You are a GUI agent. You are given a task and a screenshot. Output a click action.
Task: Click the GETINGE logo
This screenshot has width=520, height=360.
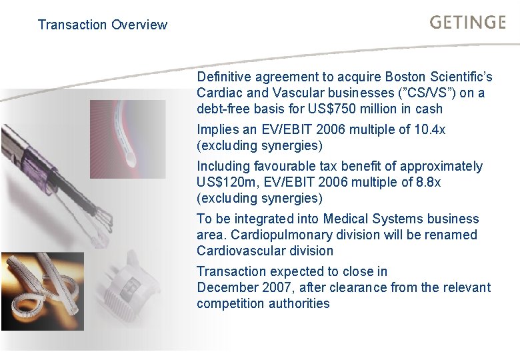coord(468,22)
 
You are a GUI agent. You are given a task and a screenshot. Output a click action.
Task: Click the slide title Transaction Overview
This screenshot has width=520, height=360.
coord(103,25)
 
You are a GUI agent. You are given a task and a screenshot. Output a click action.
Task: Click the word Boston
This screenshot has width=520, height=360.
coord(355,77)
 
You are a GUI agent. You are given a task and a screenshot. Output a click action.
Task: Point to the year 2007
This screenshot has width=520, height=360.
coord(275,287)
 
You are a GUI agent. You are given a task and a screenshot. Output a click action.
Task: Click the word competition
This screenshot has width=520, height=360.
coord(230,303)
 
